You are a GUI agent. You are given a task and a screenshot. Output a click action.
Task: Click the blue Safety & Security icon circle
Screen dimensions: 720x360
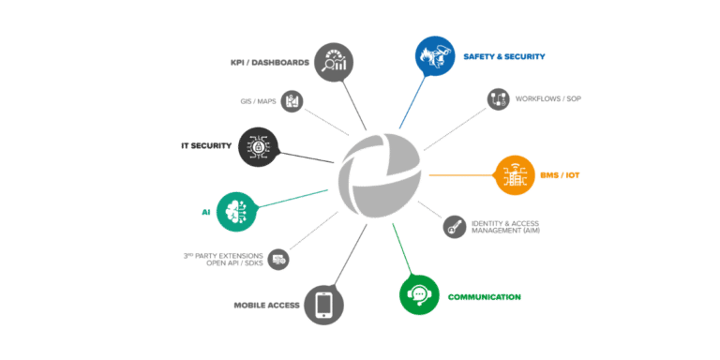click(435, 55)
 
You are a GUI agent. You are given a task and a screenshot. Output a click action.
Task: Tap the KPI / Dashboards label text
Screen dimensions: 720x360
click(270, 63)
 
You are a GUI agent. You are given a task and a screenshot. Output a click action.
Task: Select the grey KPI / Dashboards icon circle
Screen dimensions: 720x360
click(334, 63)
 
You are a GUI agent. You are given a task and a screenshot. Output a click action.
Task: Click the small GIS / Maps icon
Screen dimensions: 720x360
click(292, 101)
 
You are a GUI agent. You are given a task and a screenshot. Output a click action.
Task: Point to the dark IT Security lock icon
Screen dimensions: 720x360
click(259, 147)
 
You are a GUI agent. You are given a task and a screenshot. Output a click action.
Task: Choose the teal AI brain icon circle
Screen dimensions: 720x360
click(236, 212)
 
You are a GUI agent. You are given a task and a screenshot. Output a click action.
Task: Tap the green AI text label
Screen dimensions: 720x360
click(205, 212)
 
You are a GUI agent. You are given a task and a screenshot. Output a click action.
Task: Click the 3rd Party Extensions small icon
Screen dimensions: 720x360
click(278, 260)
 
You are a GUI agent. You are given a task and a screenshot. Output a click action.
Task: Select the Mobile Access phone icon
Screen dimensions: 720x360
click(324, 306)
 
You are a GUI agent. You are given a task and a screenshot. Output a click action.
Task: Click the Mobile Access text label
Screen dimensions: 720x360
click(267, 306)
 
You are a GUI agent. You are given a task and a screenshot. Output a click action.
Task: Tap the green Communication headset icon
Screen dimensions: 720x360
click(419, 294)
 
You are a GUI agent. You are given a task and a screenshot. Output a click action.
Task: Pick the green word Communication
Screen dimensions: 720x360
click(485, 297)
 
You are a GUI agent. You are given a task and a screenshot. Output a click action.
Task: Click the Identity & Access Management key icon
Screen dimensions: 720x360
click(455, 227)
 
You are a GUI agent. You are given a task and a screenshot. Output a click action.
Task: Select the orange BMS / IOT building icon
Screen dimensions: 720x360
click(515, 175)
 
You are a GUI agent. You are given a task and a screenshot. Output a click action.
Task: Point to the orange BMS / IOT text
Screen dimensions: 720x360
click(560, 175)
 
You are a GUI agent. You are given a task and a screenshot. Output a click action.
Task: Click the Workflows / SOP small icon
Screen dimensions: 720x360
click(498, 99)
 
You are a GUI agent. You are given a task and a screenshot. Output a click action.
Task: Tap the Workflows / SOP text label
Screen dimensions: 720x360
click(548, 98)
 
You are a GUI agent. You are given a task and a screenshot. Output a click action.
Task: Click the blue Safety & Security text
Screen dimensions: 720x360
click(504, 56)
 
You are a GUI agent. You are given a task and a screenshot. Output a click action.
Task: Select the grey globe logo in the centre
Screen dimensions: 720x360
click(380, 175)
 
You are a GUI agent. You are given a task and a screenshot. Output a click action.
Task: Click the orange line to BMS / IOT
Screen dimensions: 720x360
click(462, 175)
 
